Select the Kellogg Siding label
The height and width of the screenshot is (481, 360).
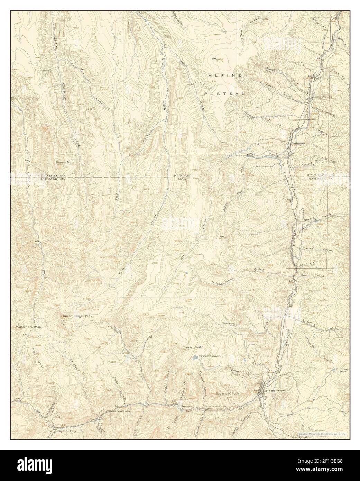(x=321, y=97)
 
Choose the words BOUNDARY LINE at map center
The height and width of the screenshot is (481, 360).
(x=182, y=177)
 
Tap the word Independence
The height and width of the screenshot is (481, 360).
(x=223, y=281)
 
